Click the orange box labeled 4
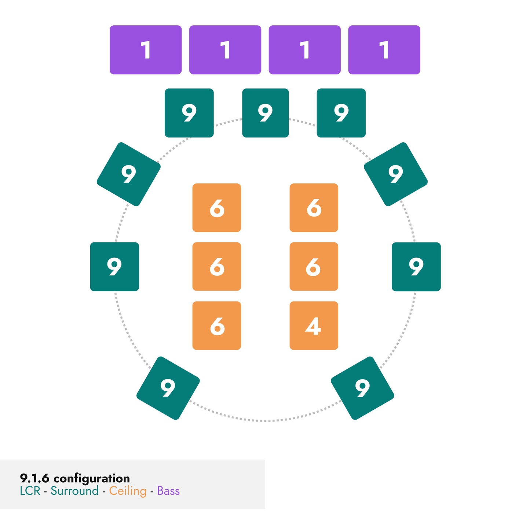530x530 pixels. [314, 325]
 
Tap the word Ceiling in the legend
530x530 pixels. [128, 491]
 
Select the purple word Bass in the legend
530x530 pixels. [168, 491]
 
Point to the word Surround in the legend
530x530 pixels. [74, 491]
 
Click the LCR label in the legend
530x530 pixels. [30, 491]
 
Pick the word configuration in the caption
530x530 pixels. [92, 478]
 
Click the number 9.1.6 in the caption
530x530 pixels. [34, 478]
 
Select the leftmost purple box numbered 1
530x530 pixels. [146, 50]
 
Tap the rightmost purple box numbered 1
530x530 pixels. [384, 50]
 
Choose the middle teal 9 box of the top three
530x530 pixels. [265, 113]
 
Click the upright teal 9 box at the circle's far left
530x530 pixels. [114, 267]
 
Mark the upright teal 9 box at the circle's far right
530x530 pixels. [416, 267]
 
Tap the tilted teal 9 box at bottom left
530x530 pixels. [168, 388]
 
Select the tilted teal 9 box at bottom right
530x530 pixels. [362, 388]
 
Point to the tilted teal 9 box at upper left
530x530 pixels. [128, 174]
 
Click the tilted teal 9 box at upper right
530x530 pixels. [395, 174]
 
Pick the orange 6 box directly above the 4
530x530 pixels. [314, 267]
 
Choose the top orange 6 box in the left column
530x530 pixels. [217, 208]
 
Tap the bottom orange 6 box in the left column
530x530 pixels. [217, 325]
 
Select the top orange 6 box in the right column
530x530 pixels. [314, 208]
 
